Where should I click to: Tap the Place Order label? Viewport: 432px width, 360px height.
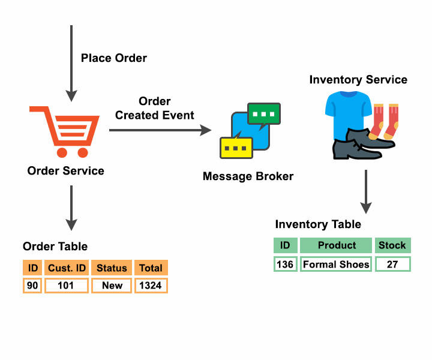point(114,58)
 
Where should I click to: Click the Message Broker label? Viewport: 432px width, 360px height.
point(248,176)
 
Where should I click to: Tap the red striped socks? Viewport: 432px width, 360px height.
point(384,123)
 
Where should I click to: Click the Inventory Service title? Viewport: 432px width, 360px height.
point(358,80)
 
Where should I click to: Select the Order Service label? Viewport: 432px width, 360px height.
point(65,171)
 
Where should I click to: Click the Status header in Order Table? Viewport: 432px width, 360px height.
point(112,268)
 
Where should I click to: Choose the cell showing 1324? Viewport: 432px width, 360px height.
point(150,286)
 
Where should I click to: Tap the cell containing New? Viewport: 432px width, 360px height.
point(112,286)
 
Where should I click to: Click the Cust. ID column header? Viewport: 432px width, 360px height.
point(65,268)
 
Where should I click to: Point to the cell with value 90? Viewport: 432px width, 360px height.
point(32,286)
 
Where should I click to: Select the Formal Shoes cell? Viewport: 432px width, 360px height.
point(336,264)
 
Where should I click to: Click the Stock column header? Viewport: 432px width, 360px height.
point(392,245)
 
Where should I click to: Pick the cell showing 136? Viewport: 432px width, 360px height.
point(285,264)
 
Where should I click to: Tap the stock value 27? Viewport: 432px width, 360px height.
point(392,264)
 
